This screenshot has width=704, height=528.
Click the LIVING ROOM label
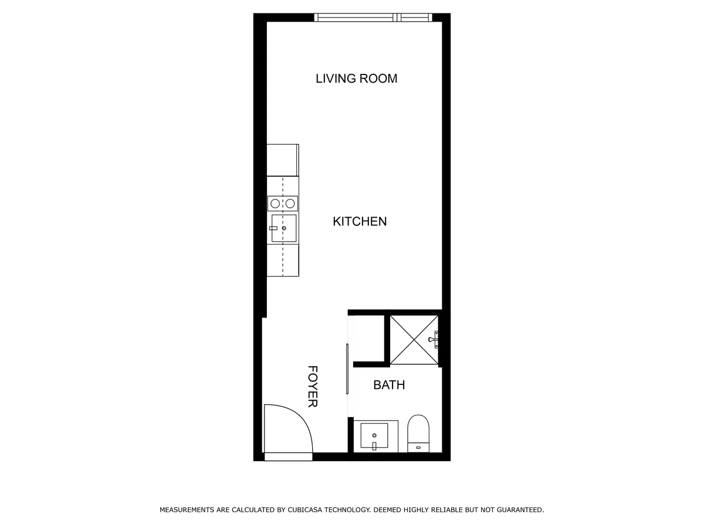[x=356, y=79]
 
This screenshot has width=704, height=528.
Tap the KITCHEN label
[x=360, y=222]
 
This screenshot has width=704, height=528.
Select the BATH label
[x=389, y=385]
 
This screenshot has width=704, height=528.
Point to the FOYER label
[x=313, y=386]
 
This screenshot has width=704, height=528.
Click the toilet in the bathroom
[x=418, y=434]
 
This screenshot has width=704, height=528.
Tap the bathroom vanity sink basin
[x=374, y=435]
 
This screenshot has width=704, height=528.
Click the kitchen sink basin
[x=284, y=228]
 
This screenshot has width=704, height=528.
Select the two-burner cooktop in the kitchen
[x=283, y=203]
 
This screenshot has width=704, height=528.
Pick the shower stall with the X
[x=414, y=340]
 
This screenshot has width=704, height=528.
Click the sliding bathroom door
[x=347, y=368]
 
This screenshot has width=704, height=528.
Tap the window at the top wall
[x=373, y=18]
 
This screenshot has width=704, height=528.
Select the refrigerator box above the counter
[x=283, y=160]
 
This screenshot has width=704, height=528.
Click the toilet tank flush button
[x=418, y=447]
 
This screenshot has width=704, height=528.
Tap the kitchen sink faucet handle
[x=273, y=228]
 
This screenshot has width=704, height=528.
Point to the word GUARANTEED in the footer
[x=520, y=510]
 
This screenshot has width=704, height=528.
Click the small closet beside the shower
[x=369, y=339]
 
